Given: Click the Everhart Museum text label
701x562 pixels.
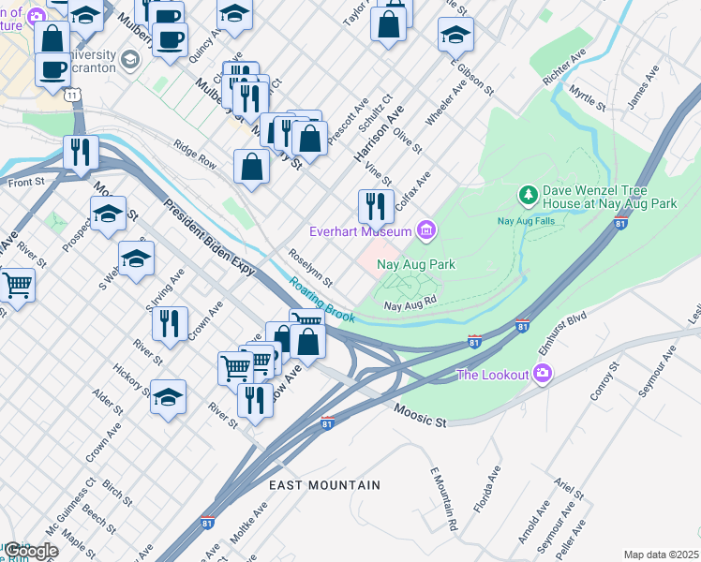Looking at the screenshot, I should coord(361,231).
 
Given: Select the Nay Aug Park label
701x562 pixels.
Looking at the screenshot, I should coord(415,264).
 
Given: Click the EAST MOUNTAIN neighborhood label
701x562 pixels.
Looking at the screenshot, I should coord(324,485).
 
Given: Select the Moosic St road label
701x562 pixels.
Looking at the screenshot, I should coord(420,416).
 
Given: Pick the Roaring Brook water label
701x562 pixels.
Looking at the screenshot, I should coord(321,299).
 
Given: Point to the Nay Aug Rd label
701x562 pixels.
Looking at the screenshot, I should coord(410,304).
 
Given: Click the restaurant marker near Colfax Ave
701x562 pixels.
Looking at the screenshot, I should coord(376,205).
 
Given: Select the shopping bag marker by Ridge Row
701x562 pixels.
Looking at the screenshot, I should coord(252,169).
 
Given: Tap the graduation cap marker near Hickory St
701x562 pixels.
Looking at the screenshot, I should coord(169,396).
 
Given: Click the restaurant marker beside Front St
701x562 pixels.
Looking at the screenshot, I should coord(81,151).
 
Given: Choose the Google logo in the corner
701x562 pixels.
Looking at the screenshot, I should coord(31,551).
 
